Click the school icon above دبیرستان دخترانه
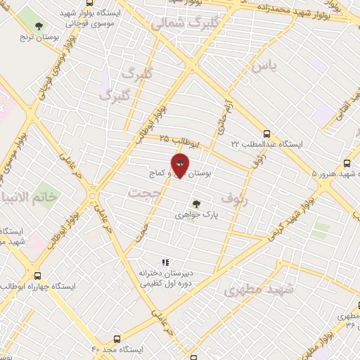165,262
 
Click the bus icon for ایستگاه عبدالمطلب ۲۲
266,133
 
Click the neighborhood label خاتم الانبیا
30,197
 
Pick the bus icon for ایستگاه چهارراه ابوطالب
37,276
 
